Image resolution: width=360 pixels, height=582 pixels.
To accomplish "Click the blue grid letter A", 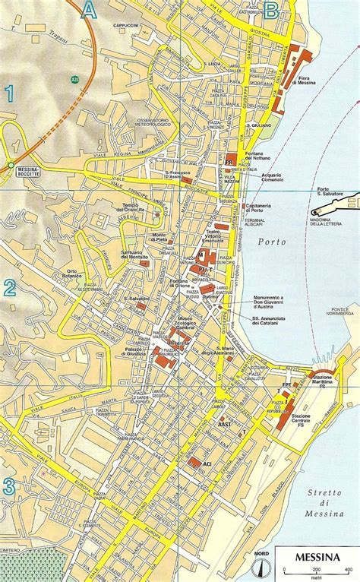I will coord(90,10).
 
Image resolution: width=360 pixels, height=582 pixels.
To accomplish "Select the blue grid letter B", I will coord(270,10).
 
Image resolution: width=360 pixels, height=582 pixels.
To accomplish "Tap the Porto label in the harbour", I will coord(272,242).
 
